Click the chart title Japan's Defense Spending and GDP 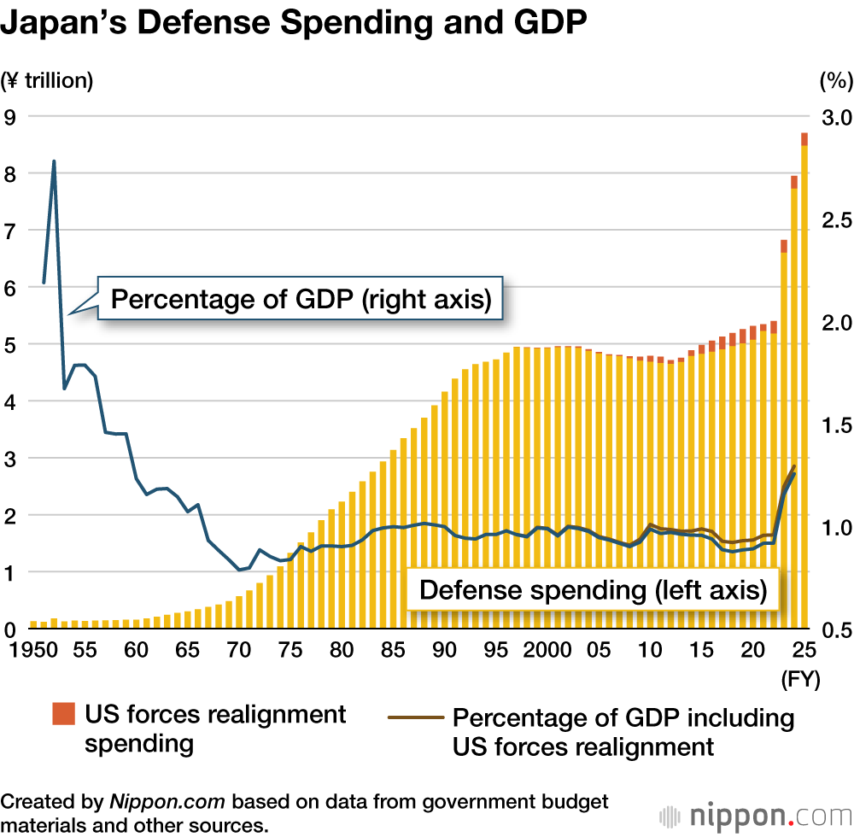tap(295, 24)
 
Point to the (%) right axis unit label tap(835, 81)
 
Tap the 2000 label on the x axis tap(547, 651)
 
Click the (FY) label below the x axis tap(801, 679)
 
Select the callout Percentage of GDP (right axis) tap(301, 300)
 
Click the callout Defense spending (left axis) tap(593, 590)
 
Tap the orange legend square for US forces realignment tap(63, 713)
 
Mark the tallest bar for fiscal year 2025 tap(804, 384)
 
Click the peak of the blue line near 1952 tap(54, 161)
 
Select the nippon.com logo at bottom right tap(755, 814)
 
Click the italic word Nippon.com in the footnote tap(167, 802)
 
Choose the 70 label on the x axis tap(239, 651)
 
